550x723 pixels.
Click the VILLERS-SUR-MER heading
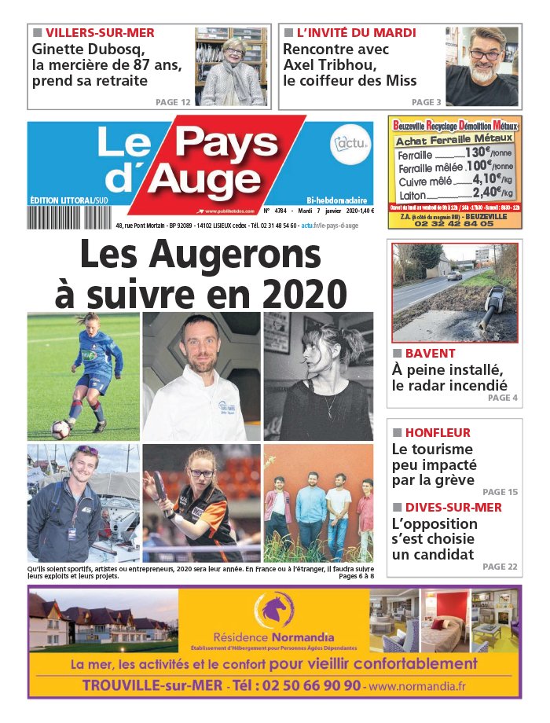[x=100, y=33]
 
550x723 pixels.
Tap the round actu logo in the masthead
[x=350, y=144]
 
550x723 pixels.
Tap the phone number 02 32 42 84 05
[x=455, y=223]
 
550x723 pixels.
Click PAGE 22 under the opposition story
[x=500, y=566]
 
